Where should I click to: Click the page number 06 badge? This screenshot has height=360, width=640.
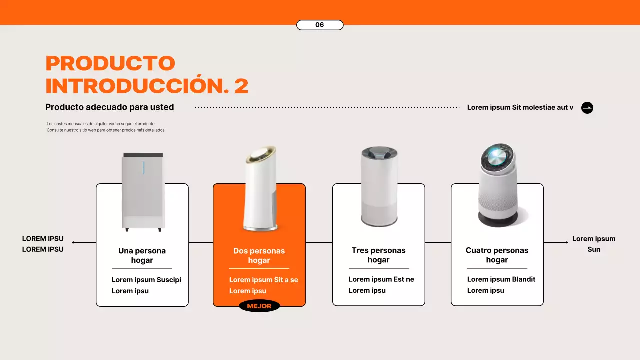[320, 25]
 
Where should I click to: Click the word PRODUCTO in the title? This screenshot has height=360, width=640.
[110, 63]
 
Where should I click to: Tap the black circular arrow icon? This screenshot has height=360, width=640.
[587, 108]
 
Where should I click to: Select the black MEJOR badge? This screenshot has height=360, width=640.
[259, 306]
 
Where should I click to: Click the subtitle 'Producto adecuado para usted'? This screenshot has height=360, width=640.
[109, 107]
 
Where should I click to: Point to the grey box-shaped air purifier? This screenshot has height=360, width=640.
[143, 192]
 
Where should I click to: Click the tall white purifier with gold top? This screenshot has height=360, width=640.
[260, 190]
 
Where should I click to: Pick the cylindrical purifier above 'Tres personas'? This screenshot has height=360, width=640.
[379, 187]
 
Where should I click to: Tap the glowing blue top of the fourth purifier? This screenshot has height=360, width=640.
[497, 157]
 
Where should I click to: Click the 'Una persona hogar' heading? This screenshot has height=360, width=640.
[142, 255]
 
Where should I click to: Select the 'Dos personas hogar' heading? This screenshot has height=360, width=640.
[259, 255]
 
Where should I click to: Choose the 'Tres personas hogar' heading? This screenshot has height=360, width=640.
[378, 255]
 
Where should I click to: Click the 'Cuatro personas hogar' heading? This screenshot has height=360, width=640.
[497, 255]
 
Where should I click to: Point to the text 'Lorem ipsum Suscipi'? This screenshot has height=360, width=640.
[146, 280]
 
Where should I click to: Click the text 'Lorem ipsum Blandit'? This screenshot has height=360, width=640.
[501, 279]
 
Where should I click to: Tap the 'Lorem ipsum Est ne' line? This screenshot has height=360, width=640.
[381, 279]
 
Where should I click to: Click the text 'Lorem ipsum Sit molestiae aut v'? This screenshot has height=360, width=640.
[520, 107]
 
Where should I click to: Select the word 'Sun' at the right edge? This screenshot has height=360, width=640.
[594, 249]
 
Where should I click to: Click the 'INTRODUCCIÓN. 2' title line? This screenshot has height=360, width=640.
[147, 86]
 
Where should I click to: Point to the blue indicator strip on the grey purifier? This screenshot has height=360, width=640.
[143, 168]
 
